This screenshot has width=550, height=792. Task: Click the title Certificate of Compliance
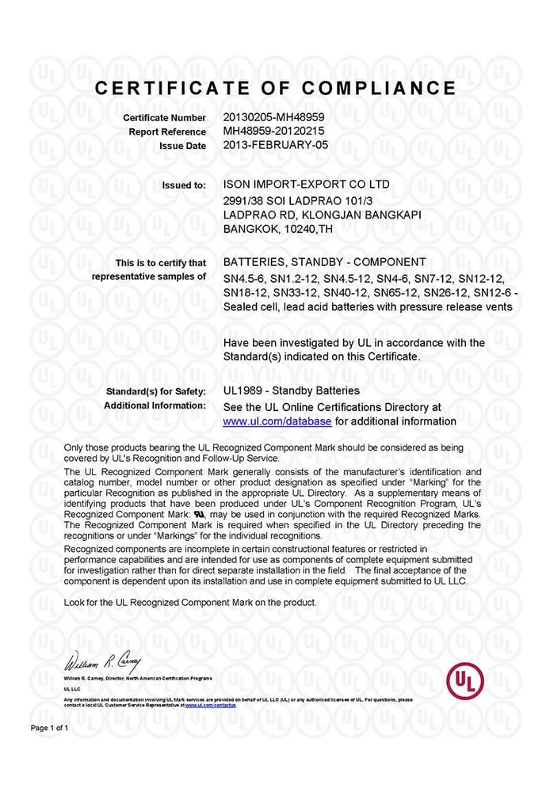(x=276, y=88)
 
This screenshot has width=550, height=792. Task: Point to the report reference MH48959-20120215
(x=274, y=131)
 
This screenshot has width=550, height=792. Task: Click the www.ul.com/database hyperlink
(x=277, y=421)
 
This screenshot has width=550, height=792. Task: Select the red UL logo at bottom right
(x=465, y=680)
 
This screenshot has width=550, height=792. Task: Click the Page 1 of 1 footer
(x=50, y=727)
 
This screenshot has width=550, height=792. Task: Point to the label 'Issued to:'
(x=184, y=185)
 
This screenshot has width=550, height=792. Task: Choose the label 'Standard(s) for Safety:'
(x=155, y=391)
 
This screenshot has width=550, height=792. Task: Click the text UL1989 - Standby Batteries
(x=291, y=390)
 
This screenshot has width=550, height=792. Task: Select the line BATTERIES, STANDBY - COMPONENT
(x=325, y=262)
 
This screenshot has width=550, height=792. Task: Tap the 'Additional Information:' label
(x=155, y=406)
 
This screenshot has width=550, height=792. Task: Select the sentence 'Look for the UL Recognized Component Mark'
(x=190, y=602)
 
